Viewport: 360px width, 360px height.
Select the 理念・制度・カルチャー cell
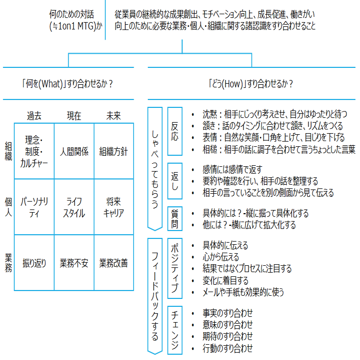34,152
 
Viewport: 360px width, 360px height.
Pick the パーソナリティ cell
34,207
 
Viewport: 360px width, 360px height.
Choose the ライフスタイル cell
74,207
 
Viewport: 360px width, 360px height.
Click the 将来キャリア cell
114,207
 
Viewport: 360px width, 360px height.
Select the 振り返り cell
34,263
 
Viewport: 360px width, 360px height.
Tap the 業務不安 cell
74,263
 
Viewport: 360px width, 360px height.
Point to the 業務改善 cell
114,263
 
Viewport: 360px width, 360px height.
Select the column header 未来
113,115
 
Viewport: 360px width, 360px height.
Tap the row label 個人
8,207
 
